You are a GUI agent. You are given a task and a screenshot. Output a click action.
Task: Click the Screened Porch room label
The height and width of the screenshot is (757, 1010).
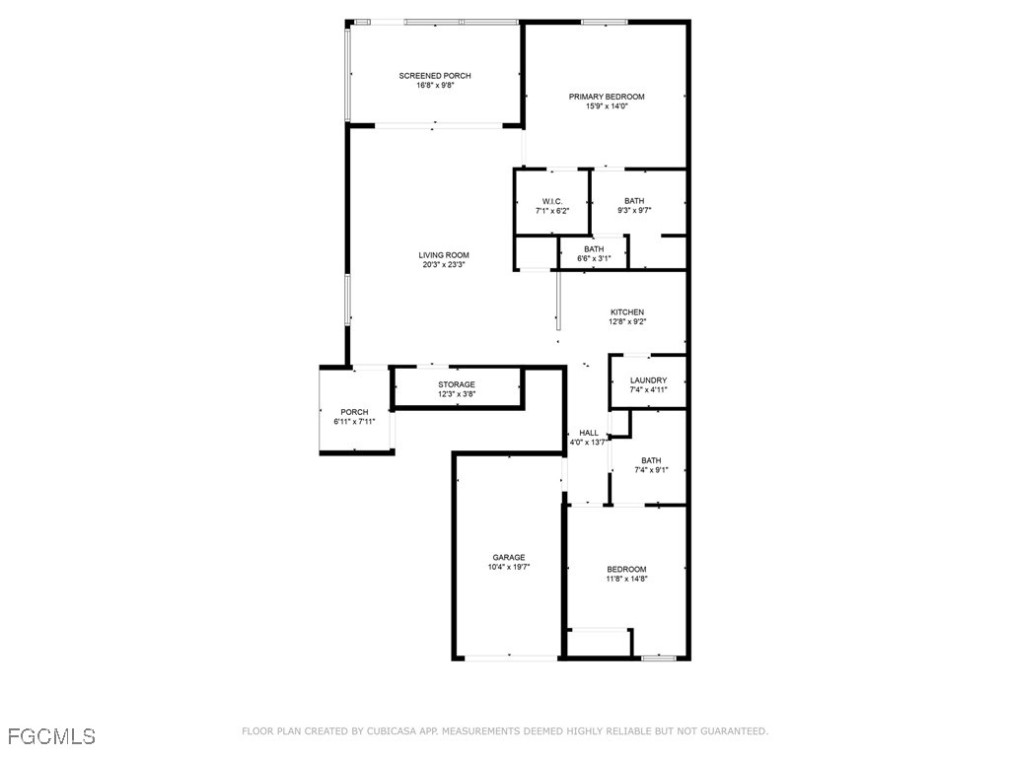435,76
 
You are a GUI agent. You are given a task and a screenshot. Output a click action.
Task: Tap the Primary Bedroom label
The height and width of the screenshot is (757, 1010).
607,97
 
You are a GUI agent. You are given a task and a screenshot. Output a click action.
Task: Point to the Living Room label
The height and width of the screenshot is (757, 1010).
444,255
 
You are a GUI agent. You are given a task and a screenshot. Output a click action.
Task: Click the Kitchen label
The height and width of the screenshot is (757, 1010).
626,312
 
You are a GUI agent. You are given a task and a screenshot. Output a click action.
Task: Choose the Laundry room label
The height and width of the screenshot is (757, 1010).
648,380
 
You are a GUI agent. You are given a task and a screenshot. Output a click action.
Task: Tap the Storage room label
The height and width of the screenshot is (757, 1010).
457,384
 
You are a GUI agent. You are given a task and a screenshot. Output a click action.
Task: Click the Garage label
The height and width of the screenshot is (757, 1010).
509,558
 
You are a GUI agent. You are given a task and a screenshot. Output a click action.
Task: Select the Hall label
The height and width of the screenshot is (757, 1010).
589,433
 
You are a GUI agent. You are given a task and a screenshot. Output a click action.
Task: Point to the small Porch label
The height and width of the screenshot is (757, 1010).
354,412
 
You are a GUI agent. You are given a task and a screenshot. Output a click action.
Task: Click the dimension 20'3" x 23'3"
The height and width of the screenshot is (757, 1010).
444,265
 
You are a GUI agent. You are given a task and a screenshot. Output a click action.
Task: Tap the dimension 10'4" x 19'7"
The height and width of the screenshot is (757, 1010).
509,568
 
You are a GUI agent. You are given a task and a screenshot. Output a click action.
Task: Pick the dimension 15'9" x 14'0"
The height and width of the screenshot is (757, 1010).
607,106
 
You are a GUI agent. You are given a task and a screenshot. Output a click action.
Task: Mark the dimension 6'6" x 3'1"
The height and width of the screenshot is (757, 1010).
594,259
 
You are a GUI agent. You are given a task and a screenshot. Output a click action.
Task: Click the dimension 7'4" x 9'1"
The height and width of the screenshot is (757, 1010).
651,470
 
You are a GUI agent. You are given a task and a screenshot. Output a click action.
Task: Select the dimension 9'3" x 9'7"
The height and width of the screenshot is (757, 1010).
634,210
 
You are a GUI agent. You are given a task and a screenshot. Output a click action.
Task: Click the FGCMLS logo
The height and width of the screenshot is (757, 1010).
51,736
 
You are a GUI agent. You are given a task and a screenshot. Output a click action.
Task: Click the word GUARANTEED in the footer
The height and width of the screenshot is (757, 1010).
731,731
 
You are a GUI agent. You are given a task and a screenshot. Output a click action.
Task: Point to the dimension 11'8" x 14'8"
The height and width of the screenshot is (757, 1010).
626,580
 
